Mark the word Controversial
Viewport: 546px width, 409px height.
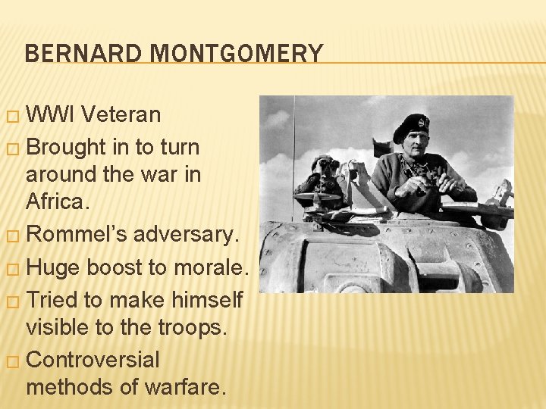[x=93, y=359]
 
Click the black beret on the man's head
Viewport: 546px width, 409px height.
[x=411, y=126]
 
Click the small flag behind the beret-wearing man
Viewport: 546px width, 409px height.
[x=382, y=147]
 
